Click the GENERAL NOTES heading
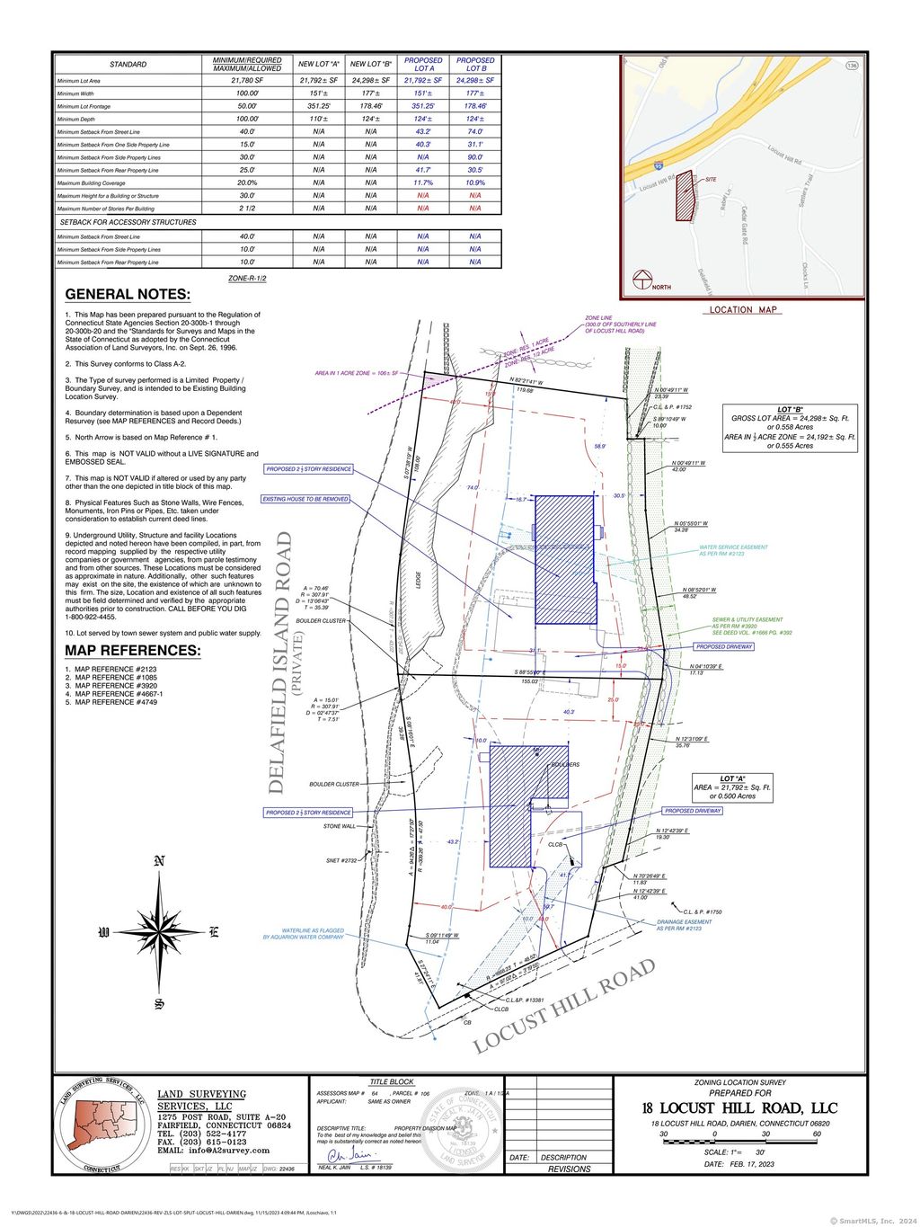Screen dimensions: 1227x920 (x=128, y=294)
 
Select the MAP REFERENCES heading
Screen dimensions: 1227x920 (x=133, y=651)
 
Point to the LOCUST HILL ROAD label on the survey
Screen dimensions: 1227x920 (x=564, y=1007)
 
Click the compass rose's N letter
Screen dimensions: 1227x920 (x=159, y=861)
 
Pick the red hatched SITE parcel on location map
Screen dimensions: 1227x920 (x=686, y=196)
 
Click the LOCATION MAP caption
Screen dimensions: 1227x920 (x=743, y=310)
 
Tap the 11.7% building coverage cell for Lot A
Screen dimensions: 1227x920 (x=423, y=182)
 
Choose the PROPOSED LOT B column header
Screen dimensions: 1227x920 (x=475, y=64)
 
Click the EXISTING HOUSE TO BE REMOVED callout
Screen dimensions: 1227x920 (x=305, y=499)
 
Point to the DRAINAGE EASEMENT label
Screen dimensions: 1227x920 (x=684, y=924)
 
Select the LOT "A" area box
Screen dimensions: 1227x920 (x=732, y=787)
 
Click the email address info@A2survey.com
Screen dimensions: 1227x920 (x=213, y=1151)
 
